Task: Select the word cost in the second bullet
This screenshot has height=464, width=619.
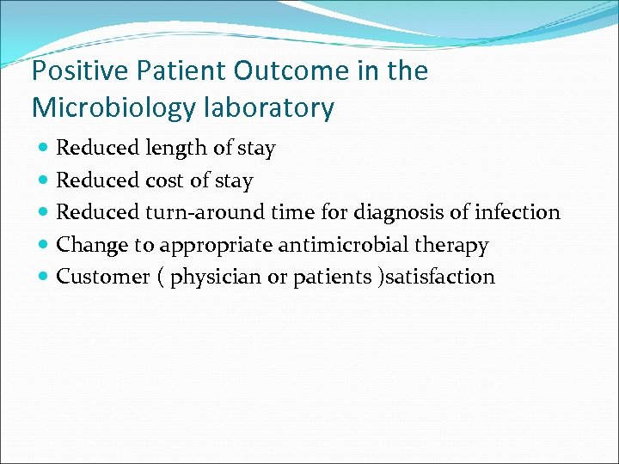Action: pyautogui.click(x=163, y=180)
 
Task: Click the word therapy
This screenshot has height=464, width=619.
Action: pyautogui.click(x=450, y=245)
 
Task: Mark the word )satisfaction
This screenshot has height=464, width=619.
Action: pyautogui.click(x=439, y=277)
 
